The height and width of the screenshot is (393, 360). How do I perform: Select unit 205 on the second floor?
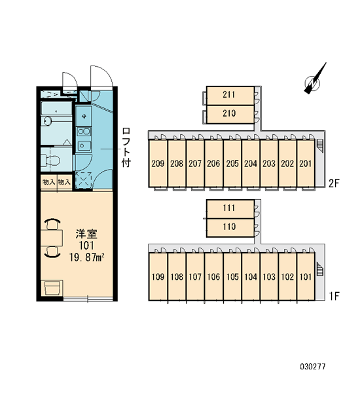coord(232,163)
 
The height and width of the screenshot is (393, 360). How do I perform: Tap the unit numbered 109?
coord(158,276)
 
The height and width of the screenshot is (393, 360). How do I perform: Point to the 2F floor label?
coord(334,183)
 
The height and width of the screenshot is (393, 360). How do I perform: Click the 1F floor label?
coord(334,296)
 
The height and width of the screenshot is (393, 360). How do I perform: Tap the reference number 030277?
coord(313,367)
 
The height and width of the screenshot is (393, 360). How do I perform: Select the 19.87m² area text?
coord(86,257)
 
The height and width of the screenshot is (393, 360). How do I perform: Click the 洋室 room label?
coord(86,234)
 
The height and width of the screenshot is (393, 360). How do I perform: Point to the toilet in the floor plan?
coord(50,160)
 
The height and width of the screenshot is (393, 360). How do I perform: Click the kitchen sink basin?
coord(84,145)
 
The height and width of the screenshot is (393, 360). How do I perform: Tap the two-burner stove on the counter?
coord(84,131)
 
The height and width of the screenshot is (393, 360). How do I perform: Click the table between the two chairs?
coord(52,238)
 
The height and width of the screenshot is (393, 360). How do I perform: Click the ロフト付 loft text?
coord(126,147)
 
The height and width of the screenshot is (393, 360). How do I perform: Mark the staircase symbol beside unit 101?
coord(320,269)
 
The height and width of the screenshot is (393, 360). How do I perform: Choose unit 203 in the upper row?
coord(269,163)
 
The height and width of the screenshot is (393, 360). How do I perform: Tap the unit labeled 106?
coord(213,276)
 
